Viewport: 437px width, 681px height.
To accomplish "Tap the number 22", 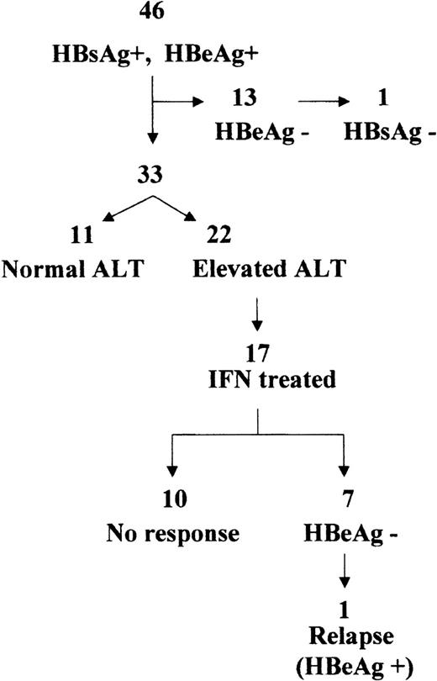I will pyautogui.click(x=216, y=229).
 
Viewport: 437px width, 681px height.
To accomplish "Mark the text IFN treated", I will pyautogui.click(x=258, y=380).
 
